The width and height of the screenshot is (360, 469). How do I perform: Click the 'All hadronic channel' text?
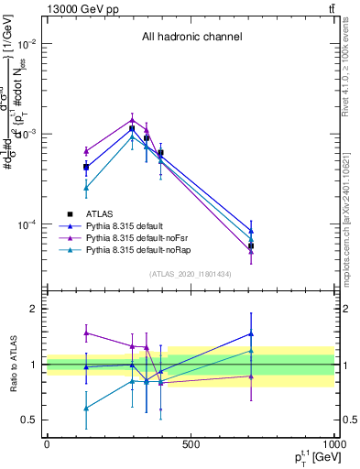click(191, 38)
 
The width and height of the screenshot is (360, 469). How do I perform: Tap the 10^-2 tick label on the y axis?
click(27, 44)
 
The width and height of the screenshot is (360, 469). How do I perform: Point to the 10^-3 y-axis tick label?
click(27, 134)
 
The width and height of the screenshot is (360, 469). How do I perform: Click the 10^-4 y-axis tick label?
click(27, 224)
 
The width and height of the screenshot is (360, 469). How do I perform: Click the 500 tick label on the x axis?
click(191, 445)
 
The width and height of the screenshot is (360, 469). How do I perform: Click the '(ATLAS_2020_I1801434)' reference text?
click(191, 274)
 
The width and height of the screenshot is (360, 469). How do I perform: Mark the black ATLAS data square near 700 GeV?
click(251, 246)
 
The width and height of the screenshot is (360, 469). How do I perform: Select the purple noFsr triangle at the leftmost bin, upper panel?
click(86, 151)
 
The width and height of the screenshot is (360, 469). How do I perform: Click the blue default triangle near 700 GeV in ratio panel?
click(251, 334)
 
